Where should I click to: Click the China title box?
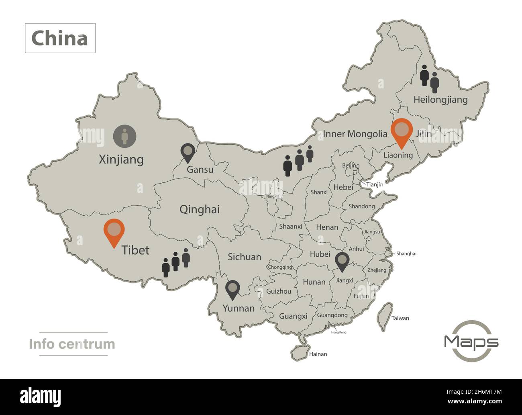60,38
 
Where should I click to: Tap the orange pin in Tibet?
114,231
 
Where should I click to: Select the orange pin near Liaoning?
402,132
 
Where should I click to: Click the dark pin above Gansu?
188,152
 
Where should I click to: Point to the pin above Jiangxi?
342,261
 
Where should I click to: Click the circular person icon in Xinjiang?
124,136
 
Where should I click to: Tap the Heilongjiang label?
440,100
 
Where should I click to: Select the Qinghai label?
199,209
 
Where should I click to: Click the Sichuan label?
244,257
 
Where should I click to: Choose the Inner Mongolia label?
355,134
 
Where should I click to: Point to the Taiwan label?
400,318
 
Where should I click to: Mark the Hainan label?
318,354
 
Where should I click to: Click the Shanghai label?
406,253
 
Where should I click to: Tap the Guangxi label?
293,316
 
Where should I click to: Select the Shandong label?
361,206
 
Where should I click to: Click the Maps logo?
471,341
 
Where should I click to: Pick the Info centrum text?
72,344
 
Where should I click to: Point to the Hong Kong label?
338,332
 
